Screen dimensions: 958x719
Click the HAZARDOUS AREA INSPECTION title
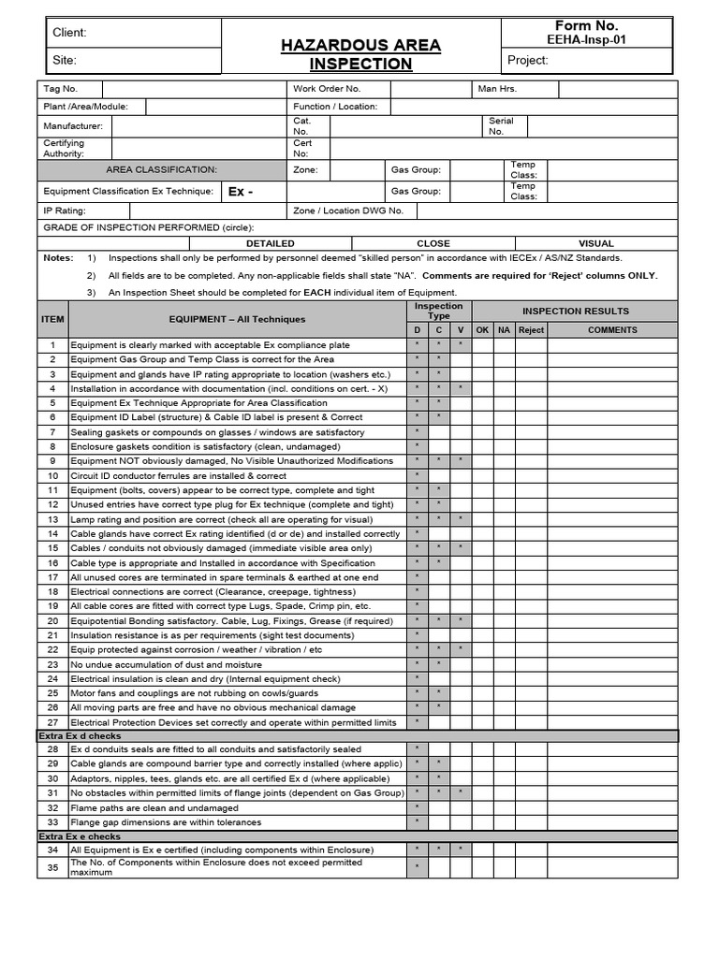pos(361,54)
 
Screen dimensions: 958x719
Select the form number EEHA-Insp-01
pos(587,39)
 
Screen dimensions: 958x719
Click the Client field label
pos(69,33)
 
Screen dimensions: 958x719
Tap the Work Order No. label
pos(327,89)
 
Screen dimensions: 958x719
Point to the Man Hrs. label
pos(497,89)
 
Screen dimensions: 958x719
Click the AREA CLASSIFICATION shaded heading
pos(161,169)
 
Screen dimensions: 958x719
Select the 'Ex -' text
pos(241,192)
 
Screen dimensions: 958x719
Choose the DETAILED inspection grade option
pos(271,242)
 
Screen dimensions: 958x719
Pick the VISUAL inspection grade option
pos(596,242)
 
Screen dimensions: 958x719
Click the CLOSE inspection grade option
pos(433,242)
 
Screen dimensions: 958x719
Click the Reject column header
pos(531,330)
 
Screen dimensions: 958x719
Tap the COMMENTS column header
pos(612,330)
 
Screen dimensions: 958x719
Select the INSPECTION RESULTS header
pos(576,311)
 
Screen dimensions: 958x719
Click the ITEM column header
pos(52,319)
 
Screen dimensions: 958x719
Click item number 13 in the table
pos(52,519)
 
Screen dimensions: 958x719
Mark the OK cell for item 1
pos(483,345)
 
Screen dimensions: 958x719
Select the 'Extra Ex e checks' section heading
pos(79,836)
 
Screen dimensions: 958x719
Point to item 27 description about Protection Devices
pos(234,722)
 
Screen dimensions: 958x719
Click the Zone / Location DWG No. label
pos(348,210)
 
